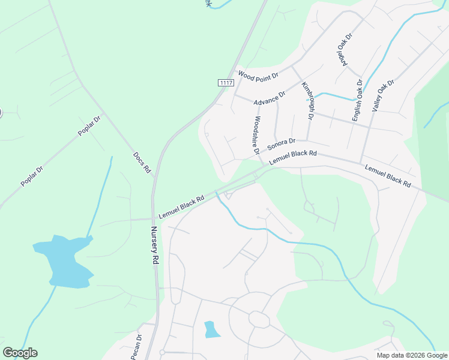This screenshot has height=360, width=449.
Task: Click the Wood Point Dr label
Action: coord(259,76)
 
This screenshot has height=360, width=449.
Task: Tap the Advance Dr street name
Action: coord(270,98)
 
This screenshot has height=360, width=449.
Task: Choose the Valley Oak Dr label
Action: coord(383,96)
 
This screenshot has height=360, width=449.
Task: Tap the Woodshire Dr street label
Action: coord(256,136)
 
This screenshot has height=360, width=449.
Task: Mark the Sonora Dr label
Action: coord(282,145)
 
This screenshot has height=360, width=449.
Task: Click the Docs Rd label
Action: coord(142,163)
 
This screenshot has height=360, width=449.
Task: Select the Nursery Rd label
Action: coord(154,245)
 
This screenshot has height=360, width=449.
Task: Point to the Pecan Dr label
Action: coord(136,347)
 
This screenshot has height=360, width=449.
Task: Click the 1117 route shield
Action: coord(226,83)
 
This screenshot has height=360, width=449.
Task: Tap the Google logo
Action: coord(20,353)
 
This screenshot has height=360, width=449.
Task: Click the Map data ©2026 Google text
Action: coord(412,355)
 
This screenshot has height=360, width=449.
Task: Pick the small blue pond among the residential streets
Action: coord(211,329)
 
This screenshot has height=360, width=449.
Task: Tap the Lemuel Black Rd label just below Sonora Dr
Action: coord(292,158)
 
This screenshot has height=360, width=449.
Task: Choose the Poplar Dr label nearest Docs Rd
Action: coord(89,125)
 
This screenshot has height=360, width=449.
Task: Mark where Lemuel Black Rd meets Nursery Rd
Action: coord(154,219)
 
